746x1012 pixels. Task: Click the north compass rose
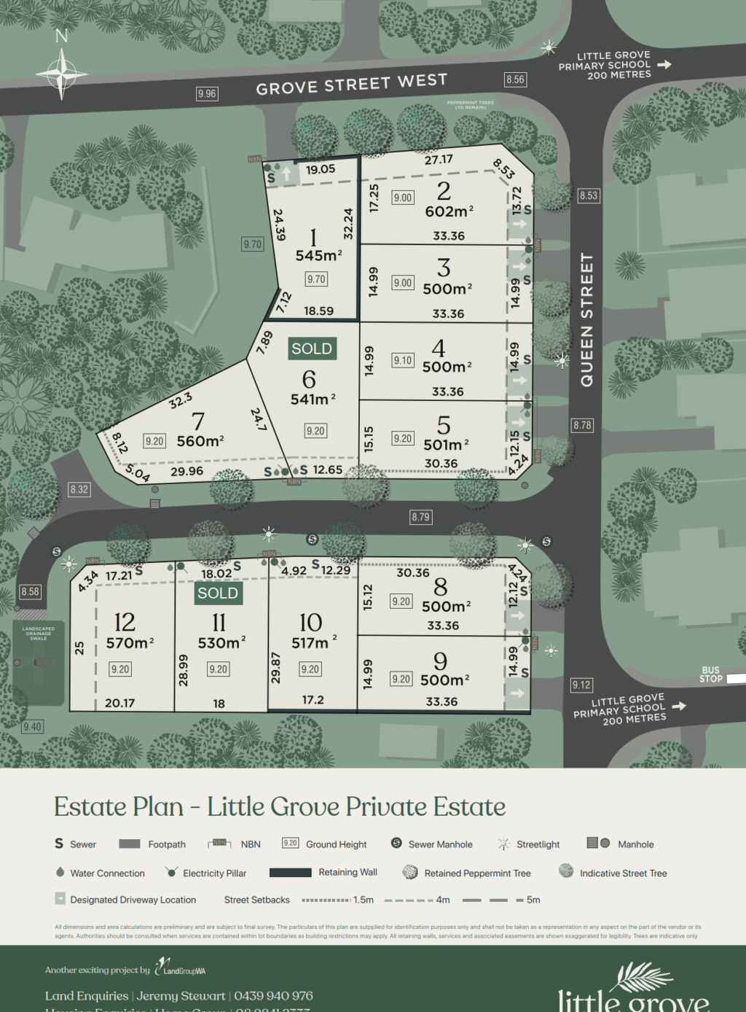click(x=62, y=73)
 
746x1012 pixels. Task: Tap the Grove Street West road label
click(x=351, y=84)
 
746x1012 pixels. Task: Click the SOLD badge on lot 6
click(x=311, y=349)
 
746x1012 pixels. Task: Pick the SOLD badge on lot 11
click(x=218, y=593)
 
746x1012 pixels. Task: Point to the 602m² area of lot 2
click(x=449, y=211)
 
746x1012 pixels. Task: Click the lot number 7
click(x=197, y=421)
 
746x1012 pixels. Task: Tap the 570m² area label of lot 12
click(x=130, y=643)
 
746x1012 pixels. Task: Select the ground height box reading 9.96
click(x=207, y=93)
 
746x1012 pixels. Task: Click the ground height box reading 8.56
click(x=515, y=79)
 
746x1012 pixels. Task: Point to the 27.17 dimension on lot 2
click(x=439, y=160)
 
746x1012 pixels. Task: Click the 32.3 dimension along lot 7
click(x=181, y=400)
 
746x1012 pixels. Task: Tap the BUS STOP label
click(x=711, y=674)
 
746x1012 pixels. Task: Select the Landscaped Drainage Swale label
click(x=39, y=634)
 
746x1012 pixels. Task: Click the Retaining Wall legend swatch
click(x=290, y=872)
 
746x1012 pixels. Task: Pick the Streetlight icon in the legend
click(x=503, y=844)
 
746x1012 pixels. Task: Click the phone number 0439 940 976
click(x=273, y=996)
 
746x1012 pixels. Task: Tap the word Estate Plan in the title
click(x=119, y=807)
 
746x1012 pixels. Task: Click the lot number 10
click(x=310, y=622)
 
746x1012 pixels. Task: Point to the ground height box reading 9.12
click(x=581, y=685)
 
